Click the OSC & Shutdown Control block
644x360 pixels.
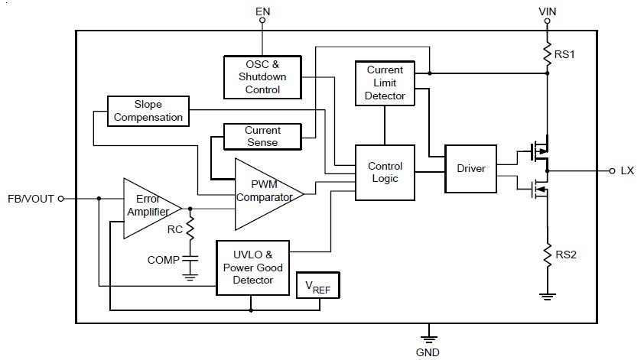coord(262,77)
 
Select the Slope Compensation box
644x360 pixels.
coord(148,111)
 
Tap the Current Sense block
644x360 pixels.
coord(262,136)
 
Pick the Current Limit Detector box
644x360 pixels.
coord(385,83)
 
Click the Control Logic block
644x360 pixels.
coord(385,173)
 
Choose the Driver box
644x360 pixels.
coord(470,168)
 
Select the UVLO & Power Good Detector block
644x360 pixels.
coord(253,268)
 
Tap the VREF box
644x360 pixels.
coord(318,285)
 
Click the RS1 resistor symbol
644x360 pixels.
coord(547,54)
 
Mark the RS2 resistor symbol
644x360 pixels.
coord(547,255)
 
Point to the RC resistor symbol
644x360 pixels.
coord(190,229)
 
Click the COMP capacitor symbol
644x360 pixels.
coord(190,258)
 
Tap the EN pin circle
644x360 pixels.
coord(262,20)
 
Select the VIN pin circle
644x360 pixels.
coord(547,21)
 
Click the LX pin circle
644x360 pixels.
coord(612,170)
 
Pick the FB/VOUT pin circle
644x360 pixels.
coord(60,199)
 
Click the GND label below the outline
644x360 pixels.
coord(428,352)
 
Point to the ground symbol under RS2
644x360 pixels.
coord(547,297)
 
